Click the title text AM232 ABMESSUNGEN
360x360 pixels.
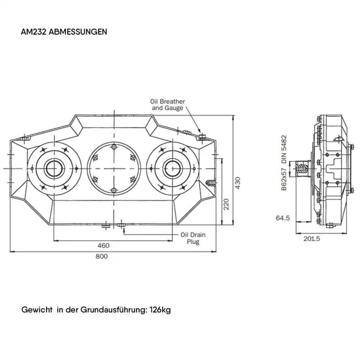(x=64, y=32)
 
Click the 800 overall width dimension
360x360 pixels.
(x=102, y=256)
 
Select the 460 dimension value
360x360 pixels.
(x=103, y=246)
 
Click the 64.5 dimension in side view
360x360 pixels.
(x=283, y=218)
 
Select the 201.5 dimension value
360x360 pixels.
(x=312, y=238)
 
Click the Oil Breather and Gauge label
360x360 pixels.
(x=167, y=105)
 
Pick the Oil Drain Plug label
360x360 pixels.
(x=193, y=238)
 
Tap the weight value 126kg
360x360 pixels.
(x=160, y=310)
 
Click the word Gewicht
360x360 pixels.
(x=37, y=310)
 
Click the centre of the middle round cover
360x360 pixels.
(x=114, y=168)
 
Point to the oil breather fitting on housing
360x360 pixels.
(x=203, y=136)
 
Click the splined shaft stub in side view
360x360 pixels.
(x=302, y=168)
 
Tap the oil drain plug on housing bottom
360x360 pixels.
(x=121, y=225)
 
